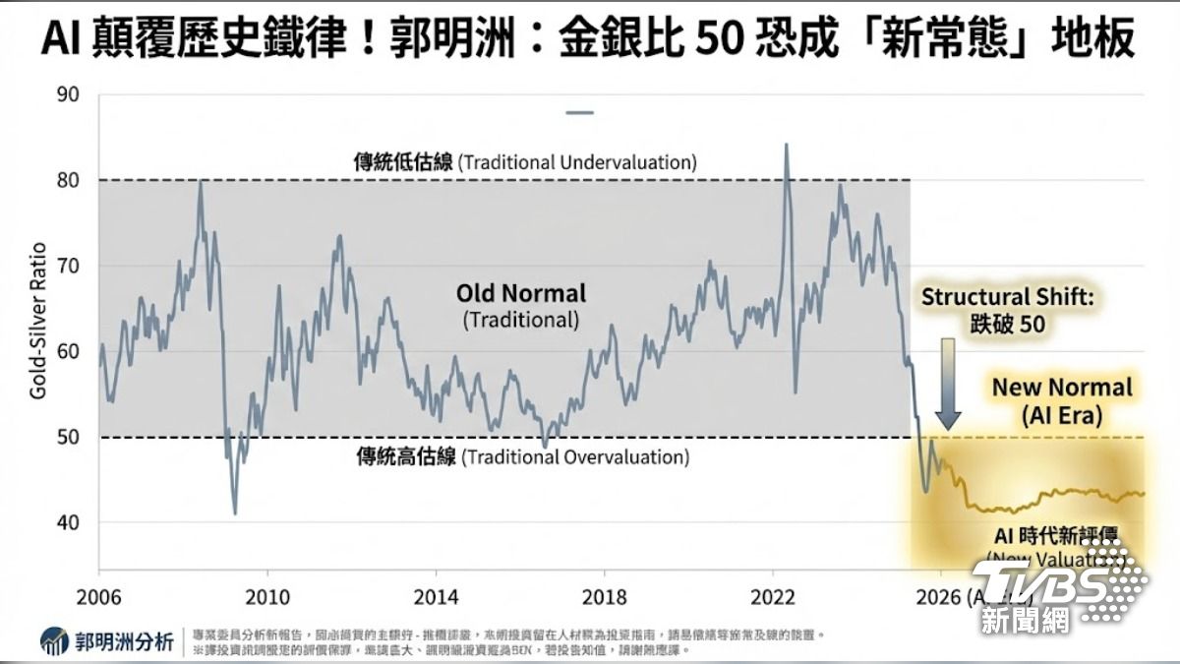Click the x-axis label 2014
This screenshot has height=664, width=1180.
436,597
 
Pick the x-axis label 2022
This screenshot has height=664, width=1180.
773,597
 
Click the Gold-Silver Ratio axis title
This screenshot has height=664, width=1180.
38,320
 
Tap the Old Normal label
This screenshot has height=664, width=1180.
520,293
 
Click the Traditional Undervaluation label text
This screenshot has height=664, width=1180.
525,162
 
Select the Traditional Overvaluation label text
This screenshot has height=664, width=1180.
522,457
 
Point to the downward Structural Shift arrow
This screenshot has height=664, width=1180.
947,384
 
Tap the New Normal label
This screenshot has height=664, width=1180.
1062,388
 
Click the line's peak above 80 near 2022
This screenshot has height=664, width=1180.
786,146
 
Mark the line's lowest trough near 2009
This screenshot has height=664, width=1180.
235,513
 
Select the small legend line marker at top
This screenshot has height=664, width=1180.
580,113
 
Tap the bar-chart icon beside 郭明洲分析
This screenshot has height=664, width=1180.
55,642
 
